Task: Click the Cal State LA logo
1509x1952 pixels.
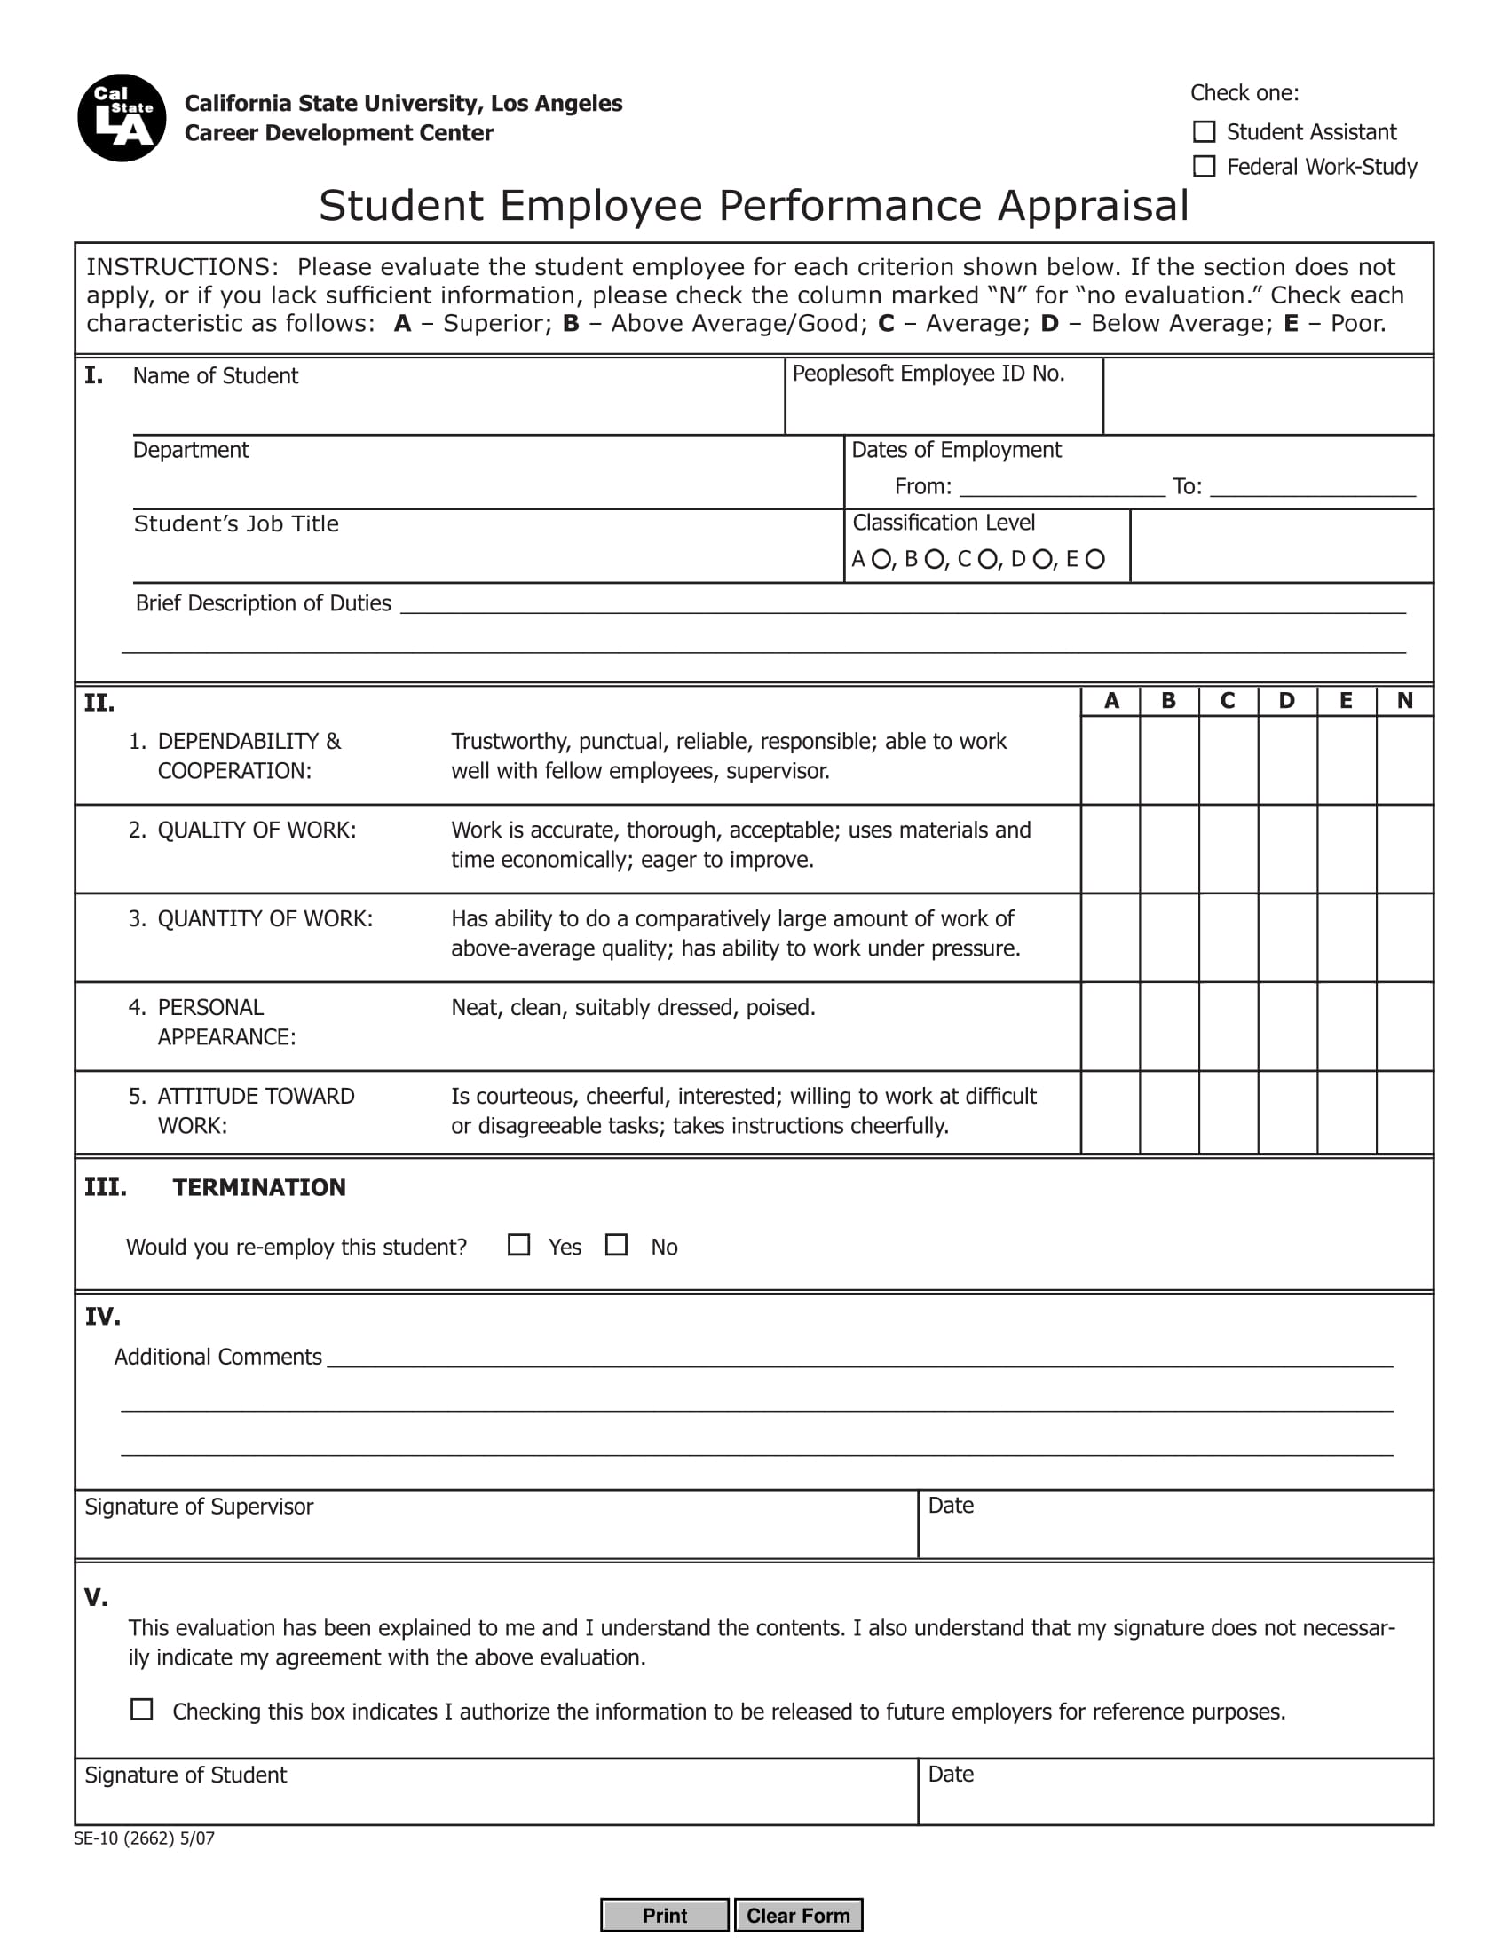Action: (x=122, y=118)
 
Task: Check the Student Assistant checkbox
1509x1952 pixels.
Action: (x=1205, y=132)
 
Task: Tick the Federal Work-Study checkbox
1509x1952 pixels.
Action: (x=1205, y=167)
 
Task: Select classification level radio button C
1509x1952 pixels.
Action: (x=988, y=560)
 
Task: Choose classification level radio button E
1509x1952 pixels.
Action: (x=1095, y=560)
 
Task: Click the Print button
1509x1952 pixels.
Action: (x=664, y=1916)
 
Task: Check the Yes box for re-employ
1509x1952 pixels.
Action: (x=518, y=1245)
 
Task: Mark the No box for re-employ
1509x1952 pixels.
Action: (x=616, y=1245)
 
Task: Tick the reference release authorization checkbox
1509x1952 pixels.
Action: (x=141, y=1710)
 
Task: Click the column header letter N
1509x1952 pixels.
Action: (x=1404, y=701)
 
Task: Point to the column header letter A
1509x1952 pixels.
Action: (x=1111, y=701)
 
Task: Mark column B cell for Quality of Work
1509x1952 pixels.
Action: (x=1169, y=848)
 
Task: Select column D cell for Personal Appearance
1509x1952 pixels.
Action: (x=1287, y=1026)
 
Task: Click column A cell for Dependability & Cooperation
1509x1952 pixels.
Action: (x=1110, y=760)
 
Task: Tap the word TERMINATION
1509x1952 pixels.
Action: (x=259, y=1187)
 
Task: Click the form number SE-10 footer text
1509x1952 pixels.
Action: (x=144, y=1838)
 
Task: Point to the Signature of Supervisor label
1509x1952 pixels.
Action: (x=199, y=1507)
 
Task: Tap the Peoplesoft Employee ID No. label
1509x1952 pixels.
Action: (x=928, y=374)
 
